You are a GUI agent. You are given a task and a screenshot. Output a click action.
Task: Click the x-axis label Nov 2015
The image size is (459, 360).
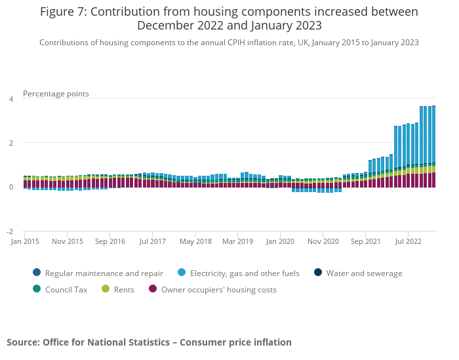click(67, 241)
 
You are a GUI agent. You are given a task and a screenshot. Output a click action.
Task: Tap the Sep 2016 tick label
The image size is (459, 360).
click(110, 241)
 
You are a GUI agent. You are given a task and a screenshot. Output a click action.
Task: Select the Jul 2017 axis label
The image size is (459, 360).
click(152, 241)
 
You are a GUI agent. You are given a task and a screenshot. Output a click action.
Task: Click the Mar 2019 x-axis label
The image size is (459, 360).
click(237, 241)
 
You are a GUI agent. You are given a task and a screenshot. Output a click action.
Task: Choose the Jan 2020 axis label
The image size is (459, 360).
click(280, 241)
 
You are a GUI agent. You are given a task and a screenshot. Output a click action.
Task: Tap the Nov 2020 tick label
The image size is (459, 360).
click(323, 241)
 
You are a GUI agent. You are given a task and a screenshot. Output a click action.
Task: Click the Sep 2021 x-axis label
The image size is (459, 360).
click(365, 241)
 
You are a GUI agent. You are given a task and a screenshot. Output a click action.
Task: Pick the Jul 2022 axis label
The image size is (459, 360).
click(408, 241)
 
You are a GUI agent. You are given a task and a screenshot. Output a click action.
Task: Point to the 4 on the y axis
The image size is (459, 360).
click(10, 99)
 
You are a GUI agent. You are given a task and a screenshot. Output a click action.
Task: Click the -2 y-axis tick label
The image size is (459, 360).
click(10, 232)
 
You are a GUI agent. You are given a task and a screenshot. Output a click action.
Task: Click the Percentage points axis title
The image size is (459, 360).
click(56, 94)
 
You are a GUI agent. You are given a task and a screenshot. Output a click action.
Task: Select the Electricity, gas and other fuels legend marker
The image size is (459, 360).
click(182, 273)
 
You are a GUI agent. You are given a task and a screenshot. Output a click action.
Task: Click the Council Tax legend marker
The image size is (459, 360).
click(37, 289)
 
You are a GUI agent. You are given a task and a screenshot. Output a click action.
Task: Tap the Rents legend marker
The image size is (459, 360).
click(106, 289)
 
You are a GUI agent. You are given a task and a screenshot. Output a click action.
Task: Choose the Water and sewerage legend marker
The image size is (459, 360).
click(318, 273)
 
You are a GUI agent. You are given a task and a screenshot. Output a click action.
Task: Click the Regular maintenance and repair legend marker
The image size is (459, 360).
click(37, 273)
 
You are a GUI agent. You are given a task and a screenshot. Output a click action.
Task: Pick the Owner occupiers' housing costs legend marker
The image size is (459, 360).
click(153, 289)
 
